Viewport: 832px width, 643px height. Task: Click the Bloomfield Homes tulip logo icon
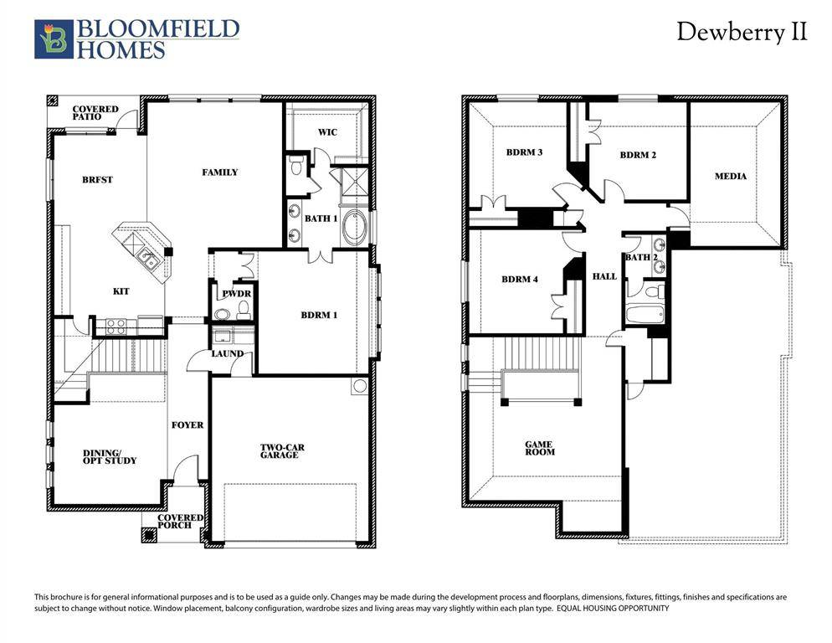point(54,39)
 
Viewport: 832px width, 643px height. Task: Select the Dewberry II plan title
point(742,33)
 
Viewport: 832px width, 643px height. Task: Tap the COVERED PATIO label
point(95,113)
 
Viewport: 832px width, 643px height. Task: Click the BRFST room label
point(97,179)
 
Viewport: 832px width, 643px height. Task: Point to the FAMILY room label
point(220,172)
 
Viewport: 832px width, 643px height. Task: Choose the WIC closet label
point(327,132)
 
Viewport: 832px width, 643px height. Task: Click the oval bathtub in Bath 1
point(354,228)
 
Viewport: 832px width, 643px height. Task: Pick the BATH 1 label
point(321,219)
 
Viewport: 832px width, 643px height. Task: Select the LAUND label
point(227,353)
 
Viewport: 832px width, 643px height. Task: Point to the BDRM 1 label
point(319,316)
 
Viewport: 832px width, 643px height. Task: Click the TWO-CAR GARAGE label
point(281,451)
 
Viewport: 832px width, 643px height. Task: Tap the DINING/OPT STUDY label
point(109,457)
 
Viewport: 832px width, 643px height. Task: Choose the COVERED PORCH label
point(182,521)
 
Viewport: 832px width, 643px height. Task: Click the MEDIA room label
point(730,176)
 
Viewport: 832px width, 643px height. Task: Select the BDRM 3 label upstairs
point(524,152)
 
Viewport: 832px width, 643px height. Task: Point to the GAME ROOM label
point(540,448)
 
